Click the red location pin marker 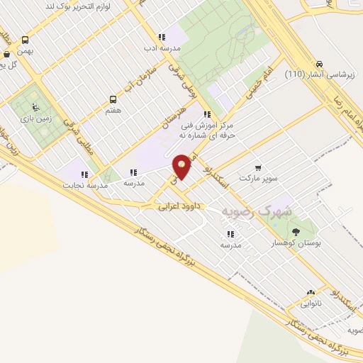(x=181, y=167)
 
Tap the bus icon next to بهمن (x=26, y=40)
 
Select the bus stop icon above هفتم (x=113, y=100)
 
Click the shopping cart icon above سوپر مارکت (x=258, y=168)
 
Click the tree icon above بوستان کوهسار (x=296, y=231)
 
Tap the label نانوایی (x=311, y=303)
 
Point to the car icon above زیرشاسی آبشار (x=319, y=62)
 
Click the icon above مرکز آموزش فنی (x=206, y=113)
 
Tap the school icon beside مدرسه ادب (x=162, y=37)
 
